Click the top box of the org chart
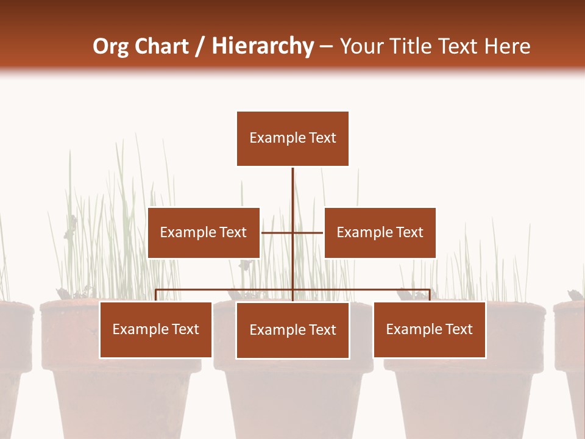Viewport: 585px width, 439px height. pos(292,138)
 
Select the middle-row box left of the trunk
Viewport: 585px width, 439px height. pos(204,232)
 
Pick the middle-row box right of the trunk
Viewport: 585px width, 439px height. pos(380,232)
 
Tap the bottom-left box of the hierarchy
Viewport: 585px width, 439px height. pos(156,330)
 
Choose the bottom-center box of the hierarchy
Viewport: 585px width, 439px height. pos(292,330)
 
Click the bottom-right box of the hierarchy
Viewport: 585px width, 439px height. pos(430,330)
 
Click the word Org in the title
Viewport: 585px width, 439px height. pos(111,46)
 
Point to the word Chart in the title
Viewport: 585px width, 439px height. pos(161,46)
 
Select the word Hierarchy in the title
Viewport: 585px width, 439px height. pos(263,46)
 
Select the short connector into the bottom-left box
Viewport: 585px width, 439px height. pos(156,296)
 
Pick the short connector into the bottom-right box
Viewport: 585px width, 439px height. pos(430,296)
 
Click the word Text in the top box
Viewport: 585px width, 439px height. pos(323,138)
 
